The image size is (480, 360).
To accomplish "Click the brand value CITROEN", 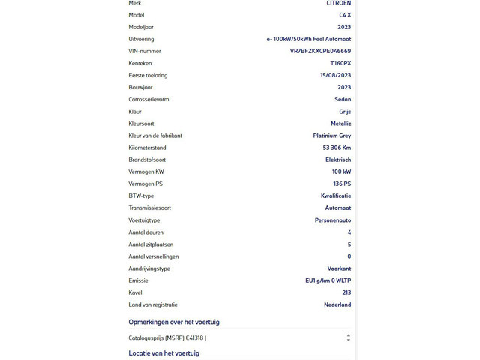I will click(x=338, y=3).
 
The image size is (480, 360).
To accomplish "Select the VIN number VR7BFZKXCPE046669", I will click(x=320, y=51).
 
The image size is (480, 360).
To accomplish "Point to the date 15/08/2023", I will click(x=335, y=75).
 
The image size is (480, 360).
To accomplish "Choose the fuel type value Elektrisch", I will click(x=337, y=160).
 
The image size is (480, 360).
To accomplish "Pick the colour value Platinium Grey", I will click(x=331, y=136).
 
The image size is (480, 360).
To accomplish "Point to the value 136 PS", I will click(x=342, y=184).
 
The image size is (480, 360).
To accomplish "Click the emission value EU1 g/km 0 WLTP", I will click(x=323, y=280).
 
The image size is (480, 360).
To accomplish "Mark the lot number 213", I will click(x=346, y=292).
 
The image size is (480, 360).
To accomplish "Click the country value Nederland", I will click(x=337, y=304).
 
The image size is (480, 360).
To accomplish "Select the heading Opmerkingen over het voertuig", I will click(x=174, y=322).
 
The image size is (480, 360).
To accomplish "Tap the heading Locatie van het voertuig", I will click(x=163, y=352).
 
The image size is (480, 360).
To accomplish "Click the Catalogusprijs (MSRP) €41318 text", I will click(x=167, y=337).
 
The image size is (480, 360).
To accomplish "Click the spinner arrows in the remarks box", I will click(x=348, y=337).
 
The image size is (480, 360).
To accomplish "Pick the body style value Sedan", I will click(x=343, y=100).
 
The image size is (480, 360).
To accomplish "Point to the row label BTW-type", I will click(x=141, y=196).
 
